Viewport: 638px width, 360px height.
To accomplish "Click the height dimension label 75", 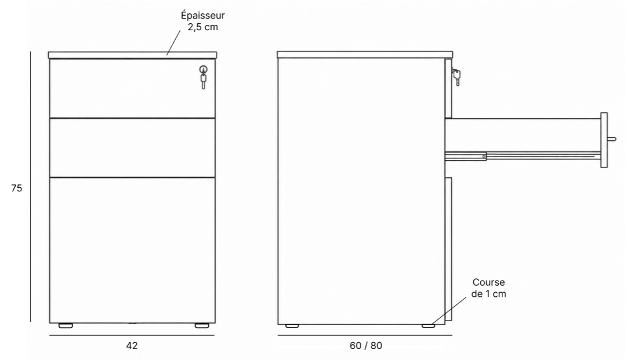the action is (17, 188).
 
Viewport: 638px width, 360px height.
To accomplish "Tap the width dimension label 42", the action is (132, 346).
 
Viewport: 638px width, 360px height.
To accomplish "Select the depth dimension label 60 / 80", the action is (366, 346).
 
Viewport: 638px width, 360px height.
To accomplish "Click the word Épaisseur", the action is (202, 15).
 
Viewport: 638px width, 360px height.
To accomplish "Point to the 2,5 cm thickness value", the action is (202, 27).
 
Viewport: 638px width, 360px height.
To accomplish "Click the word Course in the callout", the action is (489, 282).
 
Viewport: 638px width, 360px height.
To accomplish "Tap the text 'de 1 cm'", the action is (489, 294).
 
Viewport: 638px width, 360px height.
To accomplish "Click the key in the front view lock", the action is (204, 78).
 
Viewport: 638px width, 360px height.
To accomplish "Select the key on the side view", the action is (456, 77).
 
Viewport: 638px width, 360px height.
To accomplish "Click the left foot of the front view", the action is (66, 325).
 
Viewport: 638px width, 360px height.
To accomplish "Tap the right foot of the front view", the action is (202, 325).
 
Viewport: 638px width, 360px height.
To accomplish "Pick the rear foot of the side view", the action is (292, 326).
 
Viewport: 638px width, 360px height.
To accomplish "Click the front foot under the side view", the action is (429, 326).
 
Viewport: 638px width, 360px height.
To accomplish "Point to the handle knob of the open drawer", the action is (611, 139).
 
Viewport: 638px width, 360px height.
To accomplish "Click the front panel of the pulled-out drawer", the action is (604, 140).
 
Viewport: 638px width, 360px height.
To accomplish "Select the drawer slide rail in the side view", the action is (523, 156).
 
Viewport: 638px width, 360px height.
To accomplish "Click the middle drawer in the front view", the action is (132, 148).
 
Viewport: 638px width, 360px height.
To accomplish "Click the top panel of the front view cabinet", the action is (132, 55).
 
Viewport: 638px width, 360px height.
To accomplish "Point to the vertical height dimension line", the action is (31, 187).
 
